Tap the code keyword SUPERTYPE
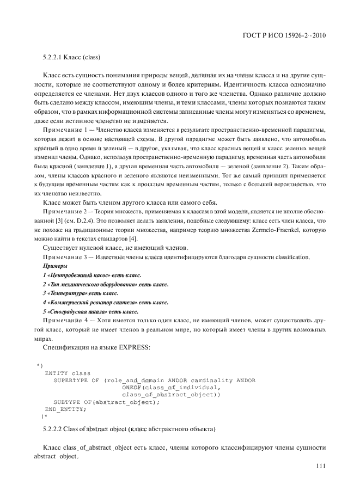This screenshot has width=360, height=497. tap(70, 380)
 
